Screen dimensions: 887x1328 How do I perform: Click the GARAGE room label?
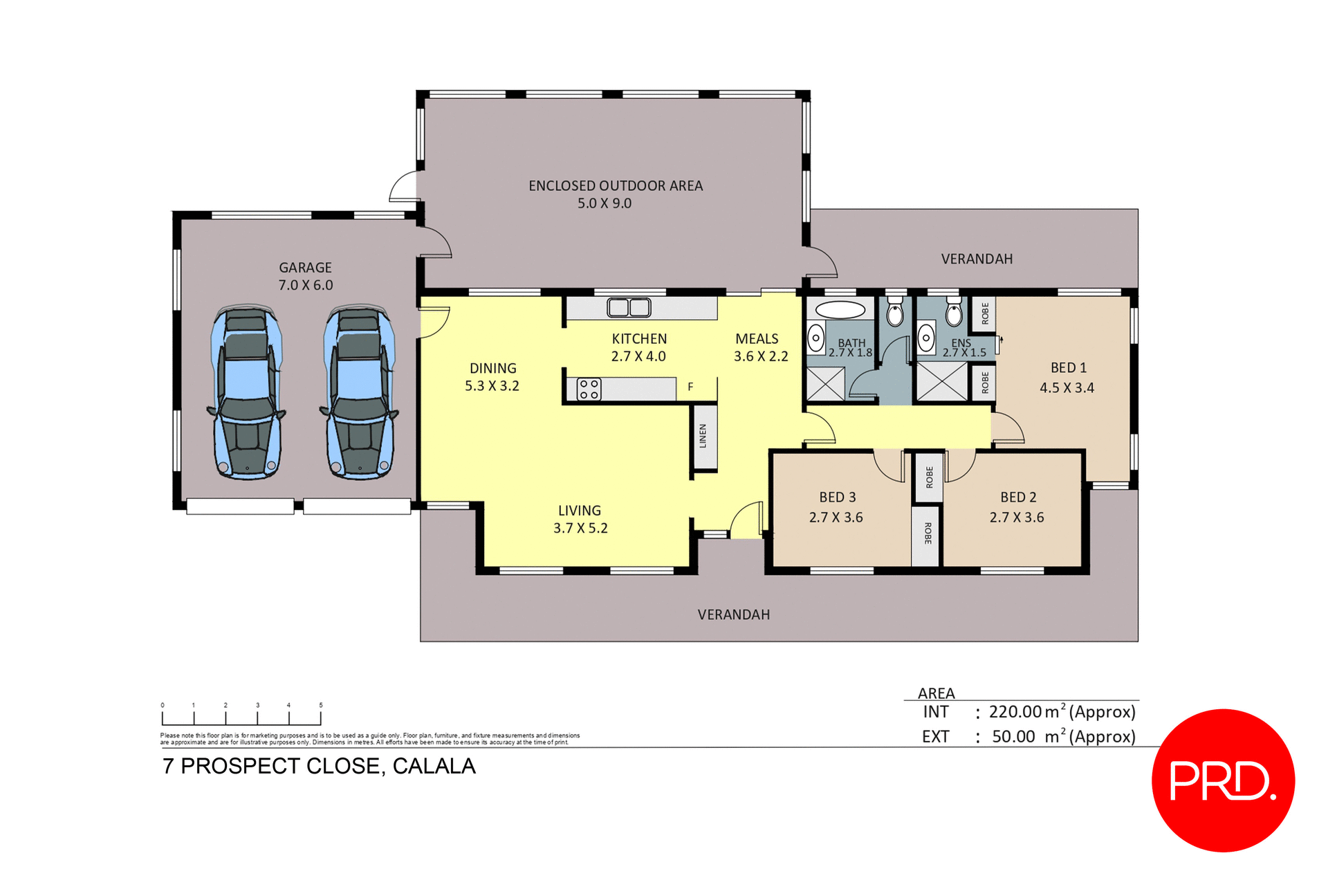pos(305,268)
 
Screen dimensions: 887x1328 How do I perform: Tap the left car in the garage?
pos(246,392)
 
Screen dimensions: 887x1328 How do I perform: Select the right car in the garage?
pos(359,392)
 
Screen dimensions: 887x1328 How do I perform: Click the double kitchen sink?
pos(629,307)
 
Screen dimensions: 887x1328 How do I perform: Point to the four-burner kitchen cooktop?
pos(589,390)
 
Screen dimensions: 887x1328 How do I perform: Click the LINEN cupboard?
pos(703,436)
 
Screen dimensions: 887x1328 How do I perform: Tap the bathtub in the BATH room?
pos(840,309)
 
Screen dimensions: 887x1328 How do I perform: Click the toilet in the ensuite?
pos(954,313)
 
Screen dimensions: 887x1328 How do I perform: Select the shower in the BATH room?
pos(826,383)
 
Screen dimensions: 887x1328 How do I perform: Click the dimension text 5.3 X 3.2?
pos(492,386)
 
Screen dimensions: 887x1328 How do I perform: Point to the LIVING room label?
pos(580,511)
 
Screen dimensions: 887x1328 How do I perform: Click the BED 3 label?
pos(837,497)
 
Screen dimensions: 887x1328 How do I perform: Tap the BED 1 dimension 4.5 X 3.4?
pos(1067,388)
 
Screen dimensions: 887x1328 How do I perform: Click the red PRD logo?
pos(1222,780)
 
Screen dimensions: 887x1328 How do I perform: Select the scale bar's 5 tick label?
pos(321,705)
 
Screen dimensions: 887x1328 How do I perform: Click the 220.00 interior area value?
pos(1015,712)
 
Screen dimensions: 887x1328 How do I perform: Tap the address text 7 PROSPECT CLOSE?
pos(273,767)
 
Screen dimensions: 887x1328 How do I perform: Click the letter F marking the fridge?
pos(690,387)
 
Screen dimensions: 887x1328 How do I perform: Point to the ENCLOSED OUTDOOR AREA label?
pos(616,186)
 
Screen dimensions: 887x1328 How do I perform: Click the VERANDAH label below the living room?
pos(733,615)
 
